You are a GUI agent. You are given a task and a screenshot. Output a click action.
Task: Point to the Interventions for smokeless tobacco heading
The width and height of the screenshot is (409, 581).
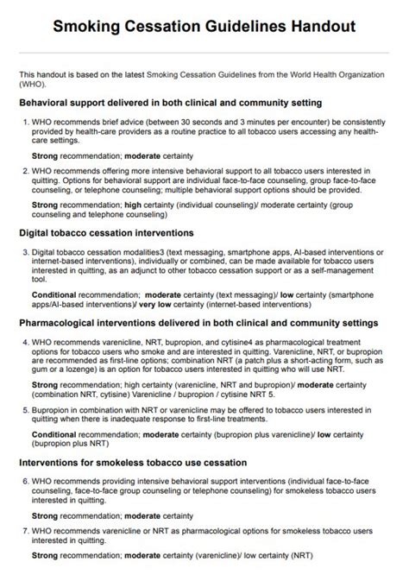pos(133,462)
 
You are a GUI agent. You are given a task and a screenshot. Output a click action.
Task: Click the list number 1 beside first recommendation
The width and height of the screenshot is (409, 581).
pos(25,121)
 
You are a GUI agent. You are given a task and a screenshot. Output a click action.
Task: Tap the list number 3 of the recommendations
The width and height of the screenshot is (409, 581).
pos(25,251)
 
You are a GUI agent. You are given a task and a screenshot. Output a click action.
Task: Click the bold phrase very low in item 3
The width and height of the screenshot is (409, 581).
pos(150,304)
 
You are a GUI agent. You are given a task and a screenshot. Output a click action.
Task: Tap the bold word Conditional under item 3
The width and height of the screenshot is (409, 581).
pos(56,295)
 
